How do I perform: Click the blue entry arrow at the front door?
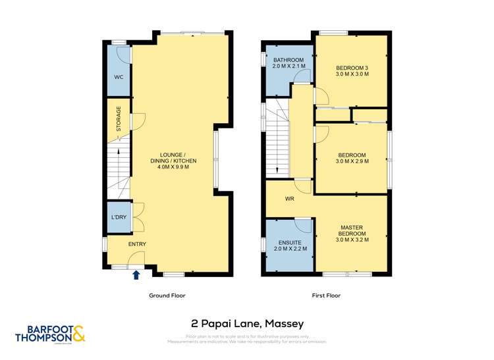pyautogui.click(x=136, y=275)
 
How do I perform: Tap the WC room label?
pyautogui.click(x=119, y=77)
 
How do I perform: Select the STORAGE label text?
pyautogui.click(x=119, y=120)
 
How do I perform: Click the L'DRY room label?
pyautogui.click(x=119, y=218)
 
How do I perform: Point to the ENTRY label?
pyautogui.click(x=137, y=245)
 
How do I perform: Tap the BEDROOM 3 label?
pyautogui.click(x=352, y=68)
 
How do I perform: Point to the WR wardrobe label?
pyautogui.click(x=289, y=199)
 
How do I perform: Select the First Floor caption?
pyautogui.click(x=326, y=296)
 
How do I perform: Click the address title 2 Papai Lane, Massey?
pyautogui.click(x=247, y=323)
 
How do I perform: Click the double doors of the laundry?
pyautogui.click(x=137, y=218)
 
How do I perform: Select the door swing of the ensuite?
pyautogui.click(x=304, y=226)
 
